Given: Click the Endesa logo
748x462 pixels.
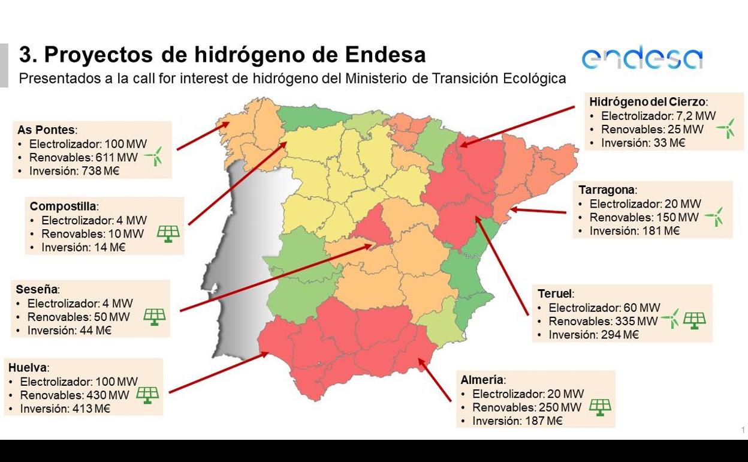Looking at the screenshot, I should [x=641, y=58].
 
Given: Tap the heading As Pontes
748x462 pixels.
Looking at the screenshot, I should [x=46, y=130].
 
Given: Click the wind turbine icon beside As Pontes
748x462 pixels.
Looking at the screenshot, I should [x=153, y=157].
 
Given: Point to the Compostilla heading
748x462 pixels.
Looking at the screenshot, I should [x=63, y=206].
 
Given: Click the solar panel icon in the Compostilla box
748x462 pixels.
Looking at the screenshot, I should [x=168, y=233].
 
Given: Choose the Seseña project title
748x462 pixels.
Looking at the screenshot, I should [x=37, y=289].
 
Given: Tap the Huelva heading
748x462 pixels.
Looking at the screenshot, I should [x=27, y=367].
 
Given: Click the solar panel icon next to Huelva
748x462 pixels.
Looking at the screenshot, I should [x=147, y=394].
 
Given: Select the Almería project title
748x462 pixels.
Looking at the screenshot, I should [x=481, y=380].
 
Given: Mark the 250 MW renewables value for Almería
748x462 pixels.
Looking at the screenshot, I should [x=559, y=407].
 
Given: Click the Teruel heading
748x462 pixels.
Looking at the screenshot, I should [x=554, y=294].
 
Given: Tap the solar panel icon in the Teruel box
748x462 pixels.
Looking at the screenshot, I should [x=694, y=320].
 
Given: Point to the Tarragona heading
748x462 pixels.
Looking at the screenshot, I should [x=606, y=190].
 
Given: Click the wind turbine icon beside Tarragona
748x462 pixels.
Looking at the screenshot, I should [x=714, y=217].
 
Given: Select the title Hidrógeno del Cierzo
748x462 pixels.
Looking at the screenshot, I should [x=647, y=102].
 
